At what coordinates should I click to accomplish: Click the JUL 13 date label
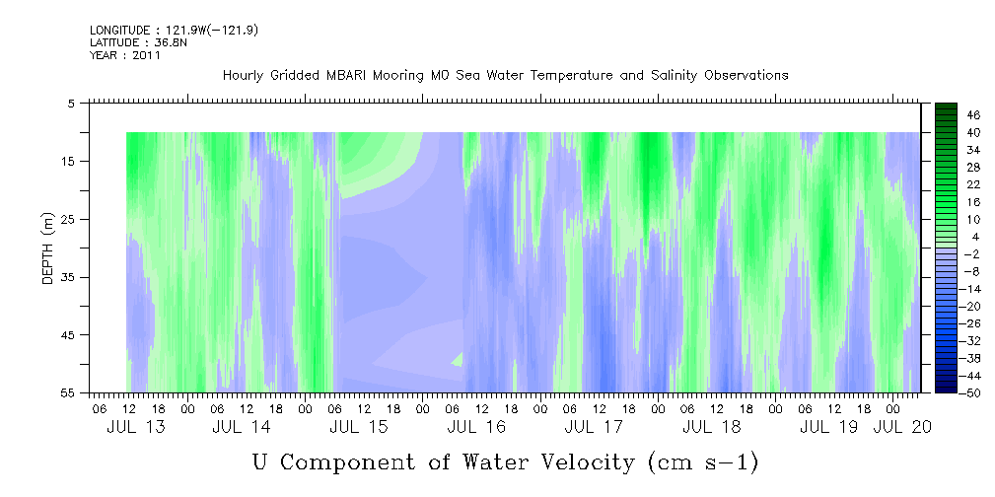pos(136,427)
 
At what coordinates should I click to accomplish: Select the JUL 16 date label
pos(476,427)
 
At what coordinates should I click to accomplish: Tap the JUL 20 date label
pos(902,427)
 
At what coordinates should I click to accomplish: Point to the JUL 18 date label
pos(711,427)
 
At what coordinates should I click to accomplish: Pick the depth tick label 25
pos(67,219)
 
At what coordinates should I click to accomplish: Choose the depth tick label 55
pos(67,392)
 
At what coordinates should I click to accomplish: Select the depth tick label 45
pos(67,334)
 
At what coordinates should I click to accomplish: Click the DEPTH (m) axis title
pos(48,248)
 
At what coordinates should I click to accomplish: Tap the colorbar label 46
pos(973,115)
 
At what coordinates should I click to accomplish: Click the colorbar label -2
pos(973,253)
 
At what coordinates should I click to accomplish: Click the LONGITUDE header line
pos(174,30)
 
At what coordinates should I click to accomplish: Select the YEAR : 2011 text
pos(125,55)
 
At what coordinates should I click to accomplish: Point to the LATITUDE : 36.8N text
pos(138,42)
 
